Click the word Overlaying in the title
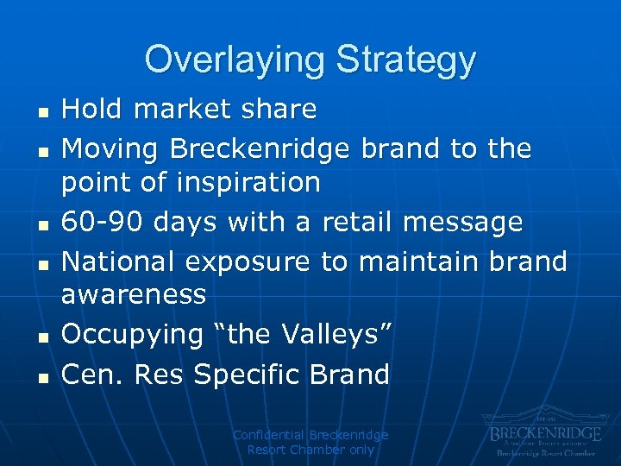[235, 60]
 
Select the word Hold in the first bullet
[91, 110]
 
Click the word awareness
[133, 295]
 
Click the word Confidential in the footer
[269, 435]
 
